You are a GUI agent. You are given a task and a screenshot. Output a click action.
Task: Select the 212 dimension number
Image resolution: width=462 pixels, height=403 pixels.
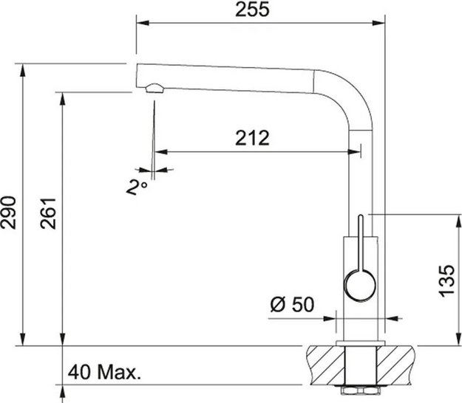(252, 137)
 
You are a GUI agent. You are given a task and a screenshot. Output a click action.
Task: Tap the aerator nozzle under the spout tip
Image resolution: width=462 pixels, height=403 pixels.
(154, 89)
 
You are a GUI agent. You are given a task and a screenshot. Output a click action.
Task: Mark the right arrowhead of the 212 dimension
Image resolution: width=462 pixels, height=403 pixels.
(356, 151)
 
